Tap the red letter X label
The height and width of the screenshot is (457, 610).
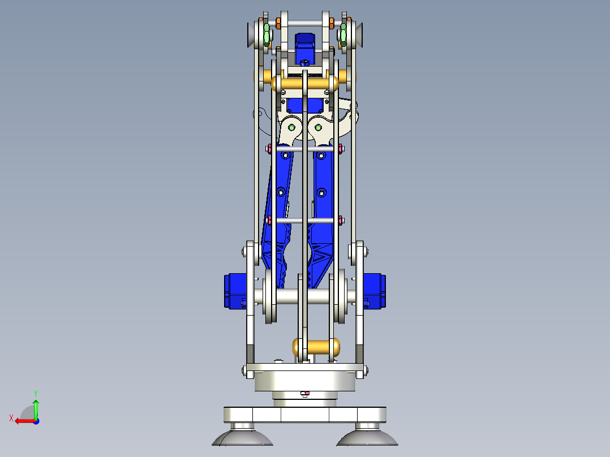[11, 418]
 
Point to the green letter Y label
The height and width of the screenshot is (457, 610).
[35, 392]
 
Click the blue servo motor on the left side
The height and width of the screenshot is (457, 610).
[234, 291]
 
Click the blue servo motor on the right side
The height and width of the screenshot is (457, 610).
[374, 291]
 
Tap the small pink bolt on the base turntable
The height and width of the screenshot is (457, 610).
[306, 393]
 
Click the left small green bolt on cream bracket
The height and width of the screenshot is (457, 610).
[291, 127]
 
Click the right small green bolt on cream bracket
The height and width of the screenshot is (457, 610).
[318, 127]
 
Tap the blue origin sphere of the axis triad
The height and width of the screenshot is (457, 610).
[36, 421]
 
